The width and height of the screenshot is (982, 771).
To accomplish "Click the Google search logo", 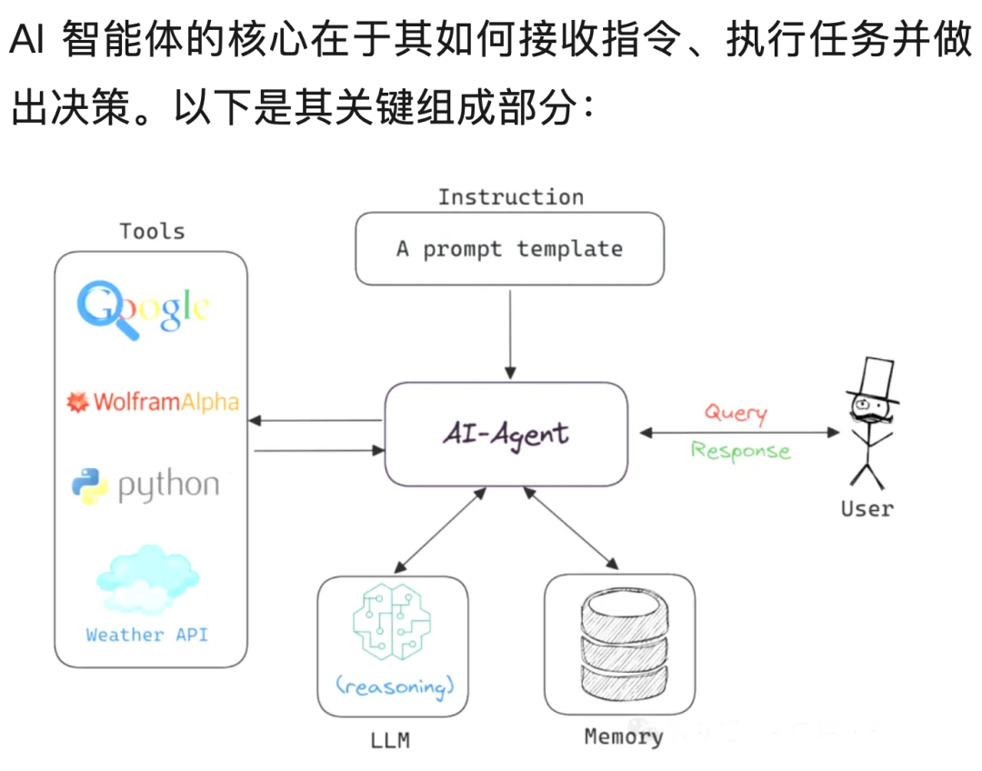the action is (143, 309).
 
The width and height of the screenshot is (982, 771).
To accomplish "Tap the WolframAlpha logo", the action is (153, 402).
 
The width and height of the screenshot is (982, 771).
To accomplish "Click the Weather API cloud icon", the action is (148, 579).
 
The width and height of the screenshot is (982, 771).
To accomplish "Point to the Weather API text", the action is (146, 635).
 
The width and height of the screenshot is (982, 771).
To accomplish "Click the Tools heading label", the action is (152, 231).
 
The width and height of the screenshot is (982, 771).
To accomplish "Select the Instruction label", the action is (510, 196).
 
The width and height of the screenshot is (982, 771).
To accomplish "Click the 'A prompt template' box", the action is (510, 248).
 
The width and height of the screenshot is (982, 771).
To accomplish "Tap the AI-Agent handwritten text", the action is (506, 434).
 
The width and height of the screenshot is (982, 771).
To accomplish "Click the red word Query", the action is (736, 413).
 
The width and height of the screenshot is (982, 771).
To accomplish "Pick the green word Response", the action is (740, 451).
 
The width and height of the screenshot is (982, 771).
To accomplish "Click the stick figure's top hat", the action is (874, 379).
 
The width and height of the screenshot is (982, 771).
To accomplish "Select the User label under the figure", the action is (867, 508).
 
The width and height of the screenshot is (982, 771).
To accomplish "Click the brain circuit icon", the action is (392, 621).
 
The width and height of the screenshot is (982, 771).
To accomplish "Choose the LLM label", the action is (390, 740).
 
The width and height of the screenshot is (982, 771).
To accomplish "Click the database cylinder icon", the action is (625, 645).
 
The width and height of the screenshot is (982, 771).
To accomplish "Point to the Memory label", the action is (624, 736).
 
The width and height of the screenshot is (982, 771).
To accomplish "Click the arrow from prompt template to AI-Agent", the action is (510, 334).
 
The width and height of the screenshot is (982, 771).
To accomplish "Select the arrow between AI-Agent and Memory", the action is (571, 528).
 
